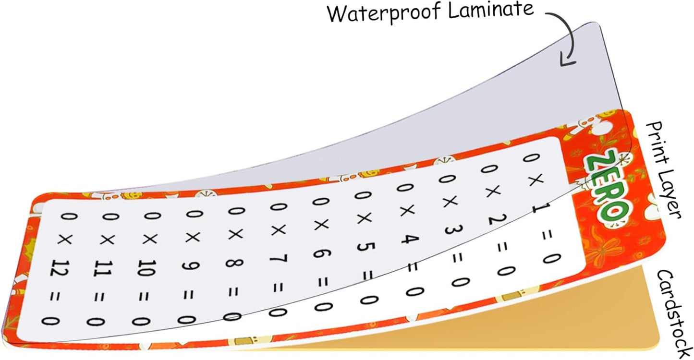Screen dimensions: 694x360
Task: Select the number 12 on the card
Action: [60, 268]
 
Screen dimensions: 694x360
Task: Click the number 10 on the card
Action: [146, 268]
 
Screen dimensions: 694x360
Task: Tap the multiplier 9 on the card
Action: [191, 266]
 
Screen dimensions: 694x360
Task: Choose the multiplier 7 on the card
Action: [279, 258]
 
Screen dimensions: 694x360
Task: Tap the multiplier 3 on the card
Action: [454, 229]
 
